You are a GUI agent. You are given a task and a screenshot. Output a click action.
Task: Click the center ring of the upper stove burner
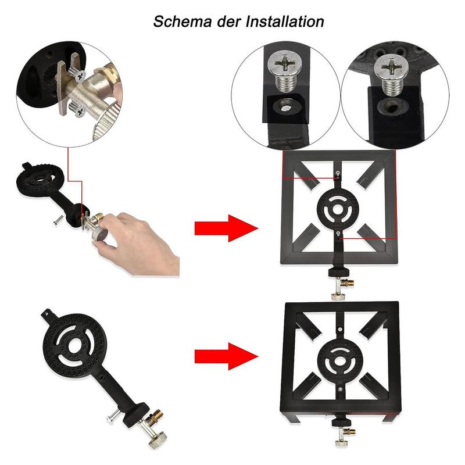[x=338, y=208]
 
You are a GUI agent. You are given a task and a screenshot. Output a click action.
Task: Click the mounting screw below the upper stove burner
[x=338, y=234]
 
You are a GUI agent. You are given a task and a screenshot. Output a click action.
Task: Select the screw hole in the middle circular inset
[x=284, y=106]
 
